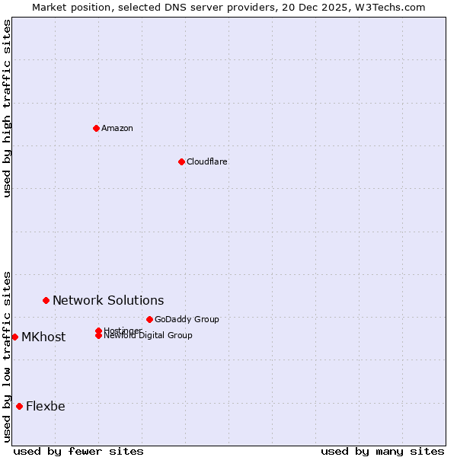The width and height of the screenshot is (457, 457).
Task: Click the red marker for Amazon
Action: (96, 128)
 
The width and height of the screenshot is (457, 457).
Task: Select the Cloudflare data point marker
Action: (181, 161)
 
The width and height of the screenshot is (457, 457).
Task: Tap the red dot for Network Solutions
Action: (46, 300)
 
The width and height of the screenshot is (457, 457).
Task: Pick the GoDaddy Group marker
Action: (149, 319)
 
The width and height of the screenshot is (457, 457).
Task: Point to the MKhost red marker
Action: (14, 337)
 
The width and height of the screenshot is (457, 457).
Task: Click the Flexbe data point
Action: (19, 406)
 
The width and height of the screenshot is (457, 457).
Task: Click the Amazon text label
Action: (117, 128)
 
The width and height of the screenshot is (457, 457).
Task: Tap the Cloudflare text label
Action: (207, 161)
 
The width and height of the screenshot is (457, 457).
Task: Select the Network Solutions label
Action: (108, 300)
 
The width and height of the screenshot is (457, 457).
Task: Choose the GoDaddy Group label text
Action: (187, 319)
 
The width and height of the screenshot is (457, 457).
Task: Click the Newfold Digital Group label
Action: (148, 335)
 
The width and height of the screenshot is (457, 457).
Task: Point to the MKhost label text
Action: (43, 337)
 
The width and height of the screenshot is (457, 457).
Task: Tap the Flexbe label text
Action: (46, 406)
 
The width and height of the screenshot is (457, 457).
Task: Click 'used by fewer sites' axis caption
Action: (78, 451)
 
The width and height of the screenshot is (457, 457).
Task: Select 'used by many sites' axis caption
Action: (382, 451)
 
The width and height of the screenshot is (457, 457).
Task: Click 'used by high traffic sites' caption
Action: (7, 108)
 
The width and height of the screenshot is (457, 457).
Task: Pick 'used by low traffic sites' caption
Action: (7, 356)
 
